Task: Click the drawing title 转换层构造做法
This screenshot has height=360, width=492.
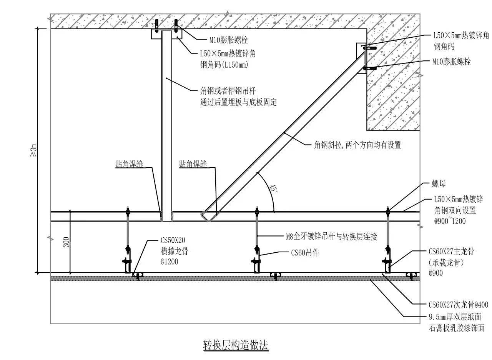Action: pos(236,345)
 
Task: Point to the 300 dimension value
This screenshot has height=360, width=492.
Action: pos(66,242)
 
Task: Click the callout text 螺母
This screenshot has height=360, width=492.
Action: pos(439,183)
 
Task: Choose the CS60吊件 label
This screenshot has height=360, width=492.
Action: pos(305,253)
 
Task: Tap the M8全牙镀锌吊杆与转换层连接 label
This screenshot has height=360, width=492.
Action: pos(331,237)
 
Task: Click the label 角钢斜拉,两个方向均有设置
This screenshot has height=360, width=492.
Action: pos(357,145)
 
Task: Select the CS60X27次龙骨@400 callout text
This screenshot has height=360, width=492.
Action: pos(459,305)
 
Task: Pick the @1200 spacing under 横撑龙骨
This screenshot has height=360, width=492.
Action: pos(170,262)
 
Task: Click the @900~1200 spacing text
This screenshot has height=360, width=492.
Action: pos(450,221)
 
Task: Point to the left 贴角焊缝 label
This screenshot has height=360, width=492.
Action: pos(129,164)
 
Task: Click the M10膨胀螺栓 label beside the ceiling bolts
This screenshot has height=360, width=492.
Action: pos(229,40)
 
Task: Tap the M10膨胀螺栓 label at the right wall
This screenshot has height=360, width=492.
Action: pos(451,62)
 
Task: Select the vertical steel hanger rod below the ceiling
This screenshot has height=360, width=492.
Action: pos(167,126)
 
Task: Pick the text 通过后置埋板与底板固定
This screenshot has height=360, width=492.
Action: pos(238,102)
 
